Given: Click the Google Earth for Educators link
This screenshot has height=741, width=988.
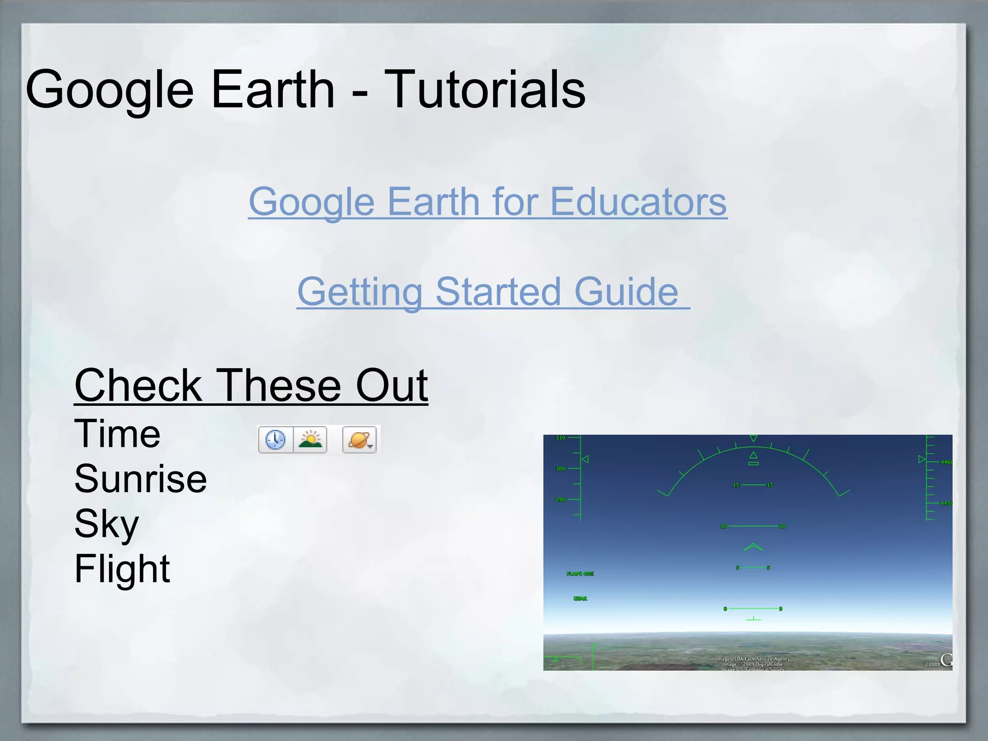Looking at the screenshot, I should (x=487, y=202).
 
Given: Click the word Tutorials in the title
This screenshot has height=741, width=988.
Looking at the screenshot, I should (x=484, y=90).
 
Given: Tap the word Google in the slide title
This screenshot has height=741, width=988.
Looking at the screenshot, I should (x=110, y=90).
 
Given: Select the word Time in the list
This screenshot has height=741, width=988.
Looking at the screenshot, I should (x=117, y=434).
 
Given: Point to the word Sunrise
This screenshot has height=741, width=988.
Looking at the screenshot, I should (x=140, y=479).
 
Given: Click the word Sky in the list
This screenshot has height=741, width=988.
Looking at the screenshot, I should (x=107, y=524).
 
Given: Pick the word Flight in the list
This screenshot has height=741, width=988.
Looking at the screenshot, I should (x=122, y=568).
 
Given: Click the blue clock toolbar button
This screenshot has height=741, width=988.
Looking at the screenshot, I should (x=275, y=439).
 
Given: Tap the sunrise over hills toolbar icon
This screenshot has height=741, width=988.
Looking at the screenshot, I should (x=310, y=439).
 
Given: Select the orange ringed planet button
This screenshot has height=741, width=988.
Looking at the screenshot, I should (x=359, y=439).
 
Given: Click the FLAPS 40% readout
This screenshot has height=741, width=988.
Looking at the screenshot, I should (x=580, y=574).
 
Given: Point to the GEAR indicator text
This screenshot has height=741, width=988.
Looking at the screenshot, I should (x=580, y=599).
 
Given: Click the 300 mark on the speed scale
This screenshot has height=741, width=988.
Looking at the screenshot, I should (x=560, y=468).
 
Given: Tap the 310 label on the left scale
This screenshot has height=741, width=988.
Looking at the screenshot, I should (x=560, y=438).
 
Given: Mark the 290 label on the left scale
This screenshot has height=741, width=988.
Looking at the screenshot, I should (x=560, y=499).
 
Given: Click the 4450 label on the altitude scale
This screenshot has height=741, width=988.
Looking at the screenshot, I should (x=946, y=503).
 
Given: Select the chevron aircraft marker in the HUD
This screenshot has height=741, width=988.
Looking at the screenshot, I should (x=753, y=547).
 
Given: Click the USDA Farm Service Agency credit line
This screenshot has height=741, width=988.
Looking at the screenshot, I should (x=753, y=659).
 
